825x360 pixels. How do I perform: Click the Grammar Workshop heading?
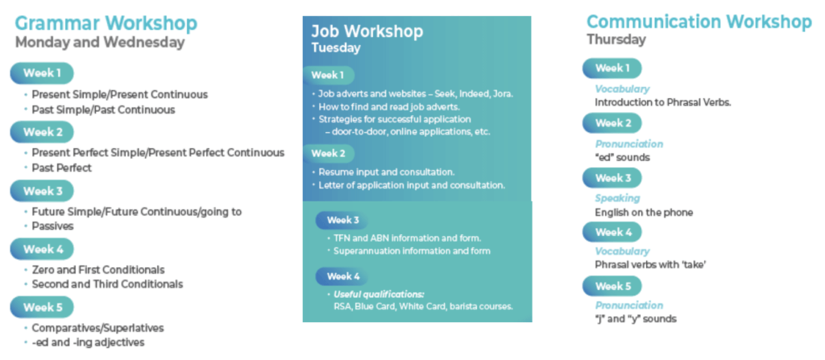coord(106,23)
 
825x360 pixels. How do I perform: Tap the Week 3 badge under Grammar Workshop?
coord(42,191)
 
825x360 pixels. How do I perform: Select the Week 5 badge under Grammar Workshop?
coord(42,308)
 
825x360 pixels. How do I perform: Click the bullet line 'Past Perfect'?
coord(61,168)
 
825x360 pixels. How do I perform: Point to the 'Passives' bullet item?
coord(52,226)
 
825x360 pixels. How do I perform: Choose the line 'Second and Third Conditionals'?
coord(107,284)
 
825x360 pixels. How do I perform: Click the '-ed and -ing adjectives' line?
coord(88,342)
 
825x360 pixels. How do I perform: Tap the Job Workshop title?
coord(367,31)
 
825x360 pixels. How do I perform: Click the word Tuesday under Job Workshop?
coord(336,48)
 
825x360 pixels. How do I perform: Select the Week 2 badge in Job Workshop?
coord(329,154)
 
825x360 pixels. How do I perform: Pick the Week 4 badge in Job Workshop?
coord(342,276)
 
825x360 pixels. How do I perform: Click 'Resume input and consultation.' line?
coord(387,172)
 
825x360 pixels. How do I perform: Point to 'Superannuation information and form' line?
coord(412,251)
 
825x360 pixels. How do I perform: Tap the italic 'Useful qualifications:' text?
coord(379,294)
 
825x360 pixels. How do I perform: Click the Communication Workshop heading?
coord(699,22)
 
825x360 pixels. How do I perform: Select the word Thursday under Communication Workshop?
coord(616,39)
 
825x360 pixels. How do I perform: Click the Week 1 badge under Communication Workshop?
coord(612,68)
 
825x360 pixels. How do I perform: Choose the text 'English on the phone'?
coord(644,213)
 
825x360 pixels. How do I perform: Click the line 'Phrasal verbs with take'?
coord(650,265)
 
